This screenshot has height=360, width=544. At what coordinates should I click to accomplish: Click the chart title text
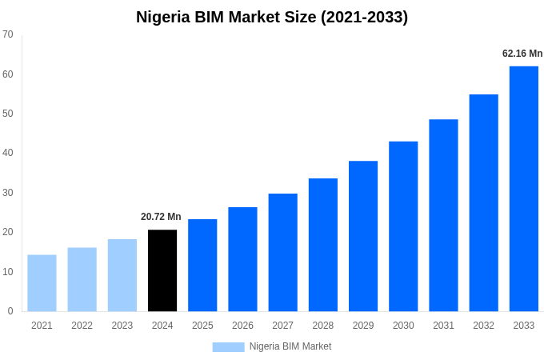272,17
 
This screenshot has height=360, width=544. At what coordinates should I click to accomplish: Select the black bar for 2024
162,270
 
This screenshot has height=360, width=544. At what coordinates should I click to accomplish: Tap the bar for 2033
524,189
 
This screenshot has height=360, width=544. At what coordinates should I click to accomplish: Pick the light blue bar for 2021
42,283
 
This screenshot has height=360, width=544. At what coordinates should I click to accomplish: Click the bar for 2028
323,245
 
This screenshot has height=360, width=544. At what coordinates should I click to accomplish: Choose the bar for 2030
403,226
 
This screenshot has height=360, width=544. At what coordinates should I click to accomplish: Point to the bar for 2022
82,279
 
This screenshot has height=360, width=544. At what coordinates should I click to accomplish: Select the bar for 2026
242,259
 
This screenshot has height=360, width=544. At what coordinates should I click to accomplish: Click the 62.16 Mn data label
522,54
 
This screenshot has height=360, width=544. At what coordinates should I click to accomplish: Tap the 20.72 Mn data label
161,217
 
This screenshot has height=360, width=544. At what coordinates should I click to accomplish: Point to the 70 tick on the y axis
8,34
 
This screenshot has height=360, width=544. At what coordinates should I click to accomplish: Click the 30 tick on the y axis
8,193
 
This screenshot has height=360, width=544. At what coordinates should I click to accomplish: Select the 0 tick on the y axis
10,311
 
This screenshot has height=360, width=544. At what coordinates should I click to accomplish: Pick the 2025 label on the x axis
202,326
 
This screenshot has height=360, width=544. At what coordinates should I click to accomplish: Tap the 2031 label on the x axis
443,326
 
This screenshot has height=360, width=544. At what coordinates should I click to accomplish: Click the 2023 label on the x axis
122,326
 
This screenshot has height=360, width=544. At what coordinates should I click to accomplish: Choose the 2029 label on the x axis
363,326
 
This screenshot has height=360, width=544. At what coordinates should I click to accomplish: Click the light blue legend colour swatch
228,347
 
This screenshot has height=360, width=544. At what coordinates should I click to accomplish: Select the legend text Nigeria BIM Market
290,346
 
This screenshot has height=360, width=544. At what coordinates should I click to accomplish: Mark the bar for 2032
483,203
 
